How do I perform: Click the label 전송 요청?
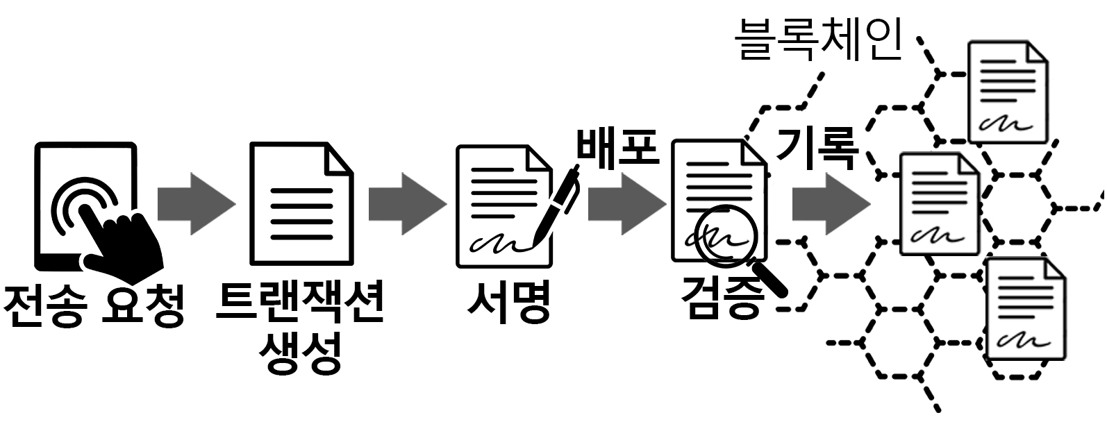(93, 305)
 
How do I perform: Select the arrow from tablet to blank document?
(195, 203)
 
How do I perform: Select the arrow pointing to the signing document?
(406, 203)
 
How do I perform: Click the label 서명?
(509, 303)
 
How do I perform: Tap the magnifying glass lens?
(724, 237)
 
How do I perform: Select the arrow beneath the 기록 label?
(830, 203)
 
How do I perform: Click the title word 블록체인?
(819, 40)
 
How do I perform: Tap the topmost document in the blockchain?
(1008, 92)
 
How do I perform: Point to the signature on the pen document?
(494, 244)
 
